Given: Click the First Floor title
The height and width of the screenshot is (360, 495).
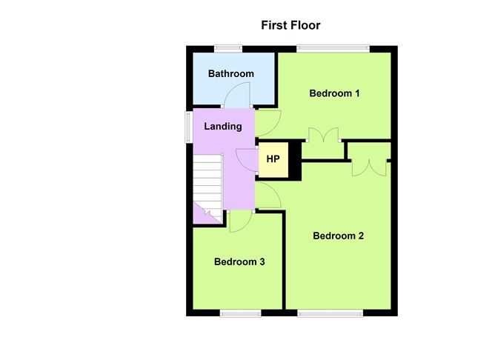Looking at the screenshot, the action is coord(290,25).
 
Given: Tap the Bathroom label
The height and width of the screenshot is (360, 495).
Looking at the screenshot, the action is coord(231,73).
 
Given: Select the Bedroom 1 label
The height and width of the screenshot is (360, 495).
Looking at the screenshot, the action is coord(334,93).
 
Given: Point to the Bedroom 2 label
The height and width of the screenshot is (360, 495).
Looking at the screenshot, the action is coord(338,236).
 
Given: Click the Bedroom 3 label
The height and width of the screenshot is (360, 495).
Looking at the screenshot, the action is coord(239,261).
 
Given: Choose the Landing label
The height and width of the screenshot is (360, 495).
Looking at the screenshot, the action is coord(223,126).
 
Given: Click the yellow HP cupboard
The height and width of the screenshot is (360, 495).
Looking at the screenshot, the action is coord(273,160).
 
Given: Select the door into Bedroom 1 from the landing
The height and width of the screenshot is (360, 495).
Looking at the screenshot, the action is coord(268,123).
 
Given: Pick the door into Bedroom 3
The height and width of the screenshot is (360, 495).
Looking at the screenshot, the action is coord(241,221).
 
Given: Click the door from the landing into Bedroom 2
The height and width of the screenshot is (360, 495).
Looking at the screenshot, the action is coord(268,195).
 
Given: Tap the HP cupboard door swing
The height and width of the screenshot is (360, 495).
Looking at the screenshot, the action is coord(247,160).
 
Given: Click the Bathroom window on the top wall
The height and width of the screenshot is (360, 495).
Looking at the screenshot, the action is coord(228,49).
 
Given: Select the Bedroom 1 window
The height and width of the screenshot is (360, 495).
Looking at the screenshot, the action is coord(333,49).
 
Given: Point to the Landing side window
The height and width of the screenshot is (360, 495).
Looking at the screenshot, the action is coord(189,127).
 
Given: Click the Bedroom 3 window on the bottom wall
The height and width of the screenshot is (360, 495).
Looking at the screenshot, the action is coord(241,313).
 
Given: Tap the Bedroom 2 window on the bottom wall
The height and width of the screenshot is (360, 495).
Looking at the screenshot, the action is coord(330,313).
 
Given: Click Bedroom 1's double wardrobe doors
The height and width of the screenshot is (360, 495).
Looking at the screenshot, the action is coord(324,134).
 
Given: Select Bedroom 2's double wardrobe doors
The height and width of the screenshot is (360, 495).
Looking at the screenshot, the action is coord(369,168).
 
